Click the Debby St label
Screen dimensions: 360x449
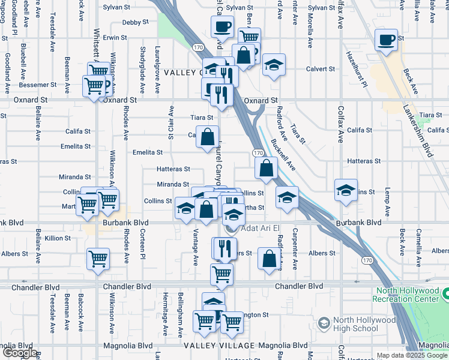coord(135,22)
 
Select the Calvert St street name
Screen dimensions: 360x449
coord(320,69)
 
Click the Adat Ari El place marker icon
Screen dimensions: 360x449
coord(230,229)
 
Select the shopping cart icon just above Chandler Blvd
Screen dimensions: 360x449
coord(221,274)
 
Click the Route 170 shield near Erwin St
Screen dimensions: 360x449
coord(198,47)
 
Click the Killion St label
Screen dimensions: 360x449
coord(58,238)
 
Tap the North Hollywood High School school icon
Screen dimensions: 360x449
coord(324,324)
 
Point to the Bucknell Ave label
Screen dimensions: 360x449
coord(283,155)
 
